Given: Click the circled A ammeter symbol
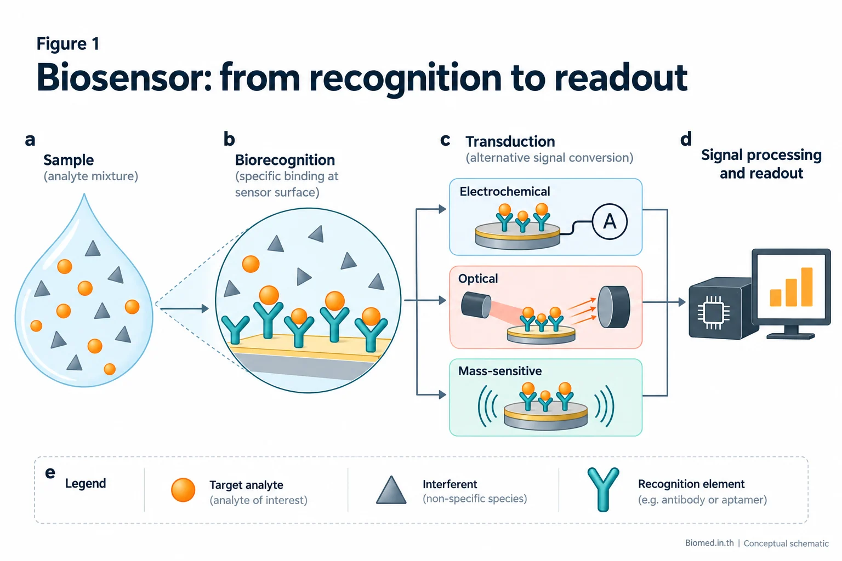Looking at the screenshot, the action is pos(610,222).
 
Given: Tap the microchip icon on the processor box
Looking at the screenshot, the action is pos(713,313).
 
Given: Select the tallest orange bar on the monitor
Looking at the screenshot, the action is pos(807,287).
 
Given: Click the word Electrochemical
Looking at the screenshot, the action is pos(504,191).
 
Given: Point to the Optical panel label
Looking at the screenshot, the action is pos(478,278).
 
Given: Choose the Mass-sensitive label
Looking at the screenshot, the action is pos(500,371).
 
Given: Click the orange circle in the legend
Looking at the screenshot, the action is pos(183,490).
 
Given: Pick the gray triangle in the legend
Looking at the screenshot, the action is pos(391,490).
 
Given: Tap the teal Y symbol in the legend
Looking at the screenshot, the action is pos(603,489).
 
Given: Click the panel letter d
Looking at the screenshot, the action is pos(686,139).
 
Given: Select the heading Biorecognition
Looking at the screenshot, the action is pos(285,160).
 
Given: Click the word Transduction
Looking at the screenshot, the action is pos(510,142).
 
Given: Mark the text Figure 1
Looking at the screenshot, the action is pos(67,44).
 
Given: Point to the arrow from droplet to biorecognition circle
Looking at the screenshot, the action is pos(184,309).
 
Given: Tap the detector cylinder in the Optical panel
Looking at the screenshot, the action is pos(614,307).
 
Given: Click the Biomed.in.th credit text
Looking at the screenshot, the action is pos(709,543).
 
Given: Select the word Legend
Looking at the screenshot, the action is pos(86,483).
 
